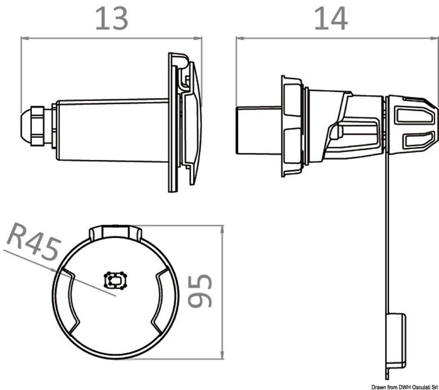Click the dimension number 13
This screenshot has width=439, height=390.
(112, 19)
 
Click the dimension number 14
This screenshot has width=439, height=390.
(331, 19)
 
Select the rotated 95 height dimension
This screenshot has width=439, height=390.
(200, 291)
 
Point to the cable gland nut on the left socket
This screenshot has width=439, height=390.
(37, 126)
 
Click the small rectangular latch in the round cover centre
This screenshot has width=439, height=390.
(115, 280)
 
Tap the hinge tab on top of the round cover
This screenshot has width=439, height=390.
(116, 232)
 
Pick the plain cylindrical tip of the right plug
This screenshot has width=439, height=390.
(259, 130)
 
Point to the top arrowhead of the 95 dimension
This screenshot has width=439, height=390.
(223, 229)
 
